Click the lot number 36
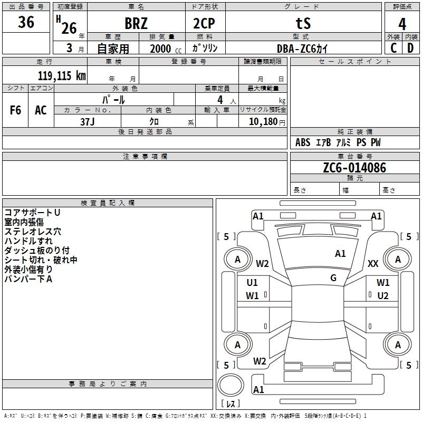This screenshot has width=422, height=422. tap(26, 22)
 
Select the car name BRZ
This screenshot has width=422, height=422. tap(136, 23)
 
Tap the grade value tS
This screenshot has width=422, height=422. tap(303, 23)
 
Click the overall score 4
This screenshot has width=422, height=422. tap(402, 24)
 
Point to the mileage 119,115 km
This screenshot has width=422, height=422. tap(62, 75)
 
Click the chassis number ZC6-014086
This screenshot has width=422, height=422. tap(354, 168)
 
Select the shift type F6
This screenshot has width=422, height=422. tap(15, 110)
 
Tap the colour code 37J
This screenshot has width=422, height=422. tap(88, 122)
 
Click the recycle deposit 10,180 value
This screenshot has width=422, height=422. tap(263, 122)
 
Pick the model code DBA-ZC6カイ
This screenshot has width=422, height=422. tap(302, 49)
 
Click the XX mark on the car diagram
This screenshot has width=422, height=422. tap(373, 263)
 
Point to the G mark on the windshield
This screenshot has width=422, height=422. tap(333, 278)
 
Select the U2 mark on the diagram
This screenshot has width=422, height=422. tap(383, 296)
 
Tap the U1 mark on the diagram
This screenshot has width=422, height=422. tap(252, 283)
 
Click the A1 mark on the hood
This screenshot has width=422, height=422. tap(340, 254)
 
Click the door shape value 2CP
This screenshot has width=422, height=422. tap(204, 23)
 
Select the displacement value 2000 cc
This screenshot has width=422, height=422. tap(166, 49)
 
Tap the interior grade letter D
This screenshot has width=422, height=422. tap(410, 48)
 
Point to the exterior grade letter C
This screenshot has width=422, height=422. tap(394, 48)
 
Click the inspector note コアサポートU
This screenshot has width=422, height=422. tap(32, 213)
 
